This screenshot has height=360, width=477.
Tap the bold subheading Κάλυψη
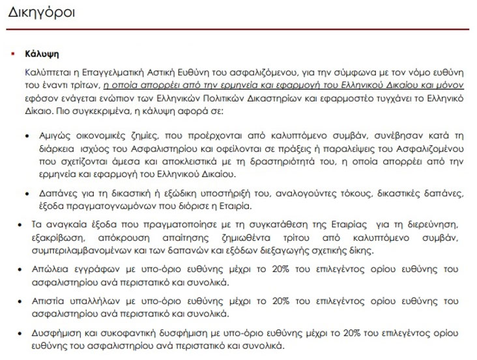pyautogui.click(x=42, y=55)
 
